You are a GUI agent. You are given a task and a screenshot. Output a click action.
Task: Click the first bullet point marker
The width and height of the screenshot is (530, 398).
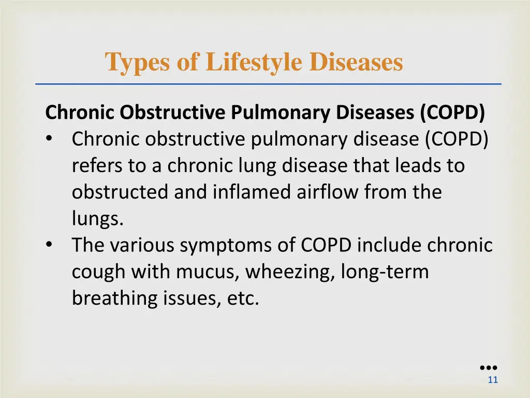click(x=49, y=139)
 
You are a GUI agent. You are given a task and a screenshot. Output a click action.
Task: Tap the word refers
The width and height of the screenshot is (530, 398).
click(x=91, y=165)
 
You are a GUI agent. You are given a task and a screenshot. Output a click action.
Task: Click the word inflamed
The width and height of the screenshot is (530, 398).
click(x=253, y=192)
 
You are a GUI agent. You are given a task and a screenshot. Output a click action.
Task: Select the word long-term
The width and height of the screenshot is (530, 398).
click(x=385, y=272)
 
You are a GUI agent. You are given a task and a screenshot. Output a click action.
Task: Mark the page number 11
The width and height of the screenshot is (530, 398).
click(x=493, y=380)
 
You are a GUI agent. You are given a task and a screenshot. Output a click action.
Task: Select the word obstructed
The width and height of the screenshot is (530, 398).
click(x=120, y=192)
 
